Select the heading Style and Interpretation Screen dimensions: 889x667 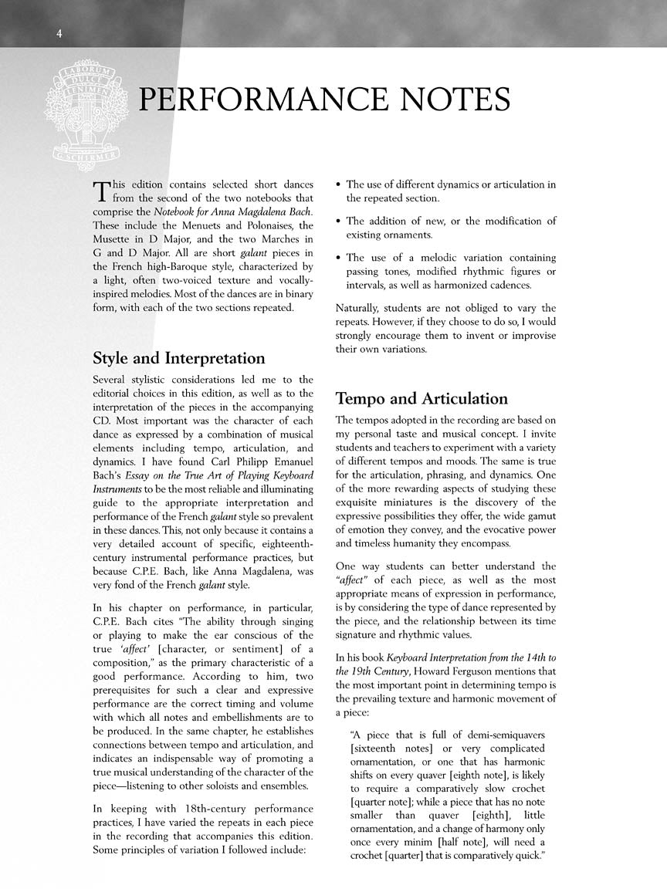(x=178, y=358)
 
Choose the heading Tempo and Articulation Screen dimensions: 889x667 (x=422, y=399)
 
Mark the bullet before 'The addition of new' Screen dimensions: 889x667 (x=340, y=221)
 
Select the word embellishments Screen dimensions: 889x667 (x=239, y=715)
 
